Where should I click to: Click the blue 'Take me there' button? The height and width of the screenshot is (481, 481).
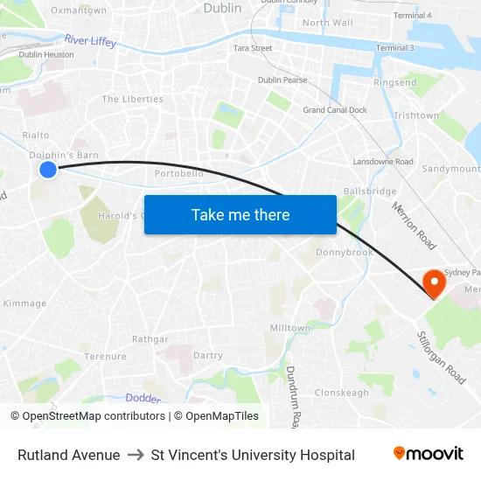click(x=240, y=215)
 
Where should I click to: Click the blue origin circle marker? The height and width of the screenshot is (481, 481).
click(x=48, y=170)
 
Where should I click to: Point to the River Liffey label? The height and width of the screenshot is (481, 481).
click(x=90, y=41)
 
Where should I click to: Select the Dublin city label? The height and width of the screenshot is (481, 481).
click(x=222, y=8)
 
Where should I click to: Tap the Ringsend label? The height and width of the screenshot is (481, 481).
click(x=395, y=83)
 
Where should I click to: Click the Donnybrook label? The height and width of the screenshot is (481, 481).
click(x=344, y=253)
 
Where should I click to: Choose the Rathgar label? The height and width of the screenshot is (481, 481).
click(x=150, y=339)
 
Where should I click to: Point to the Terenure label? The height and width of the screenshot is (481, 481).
click(x=105, y=357)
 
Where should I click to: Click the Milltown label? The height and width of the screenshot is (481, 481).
click(x=290, y=328)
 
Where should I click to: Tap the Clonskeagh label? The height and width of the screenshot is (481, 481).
click(x=342, y=393)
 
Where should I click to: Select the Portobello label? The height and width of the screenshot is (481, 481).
click(x=179, y=174)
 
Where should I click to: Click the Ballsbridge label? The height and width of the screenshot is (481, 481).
click(x=371, y=191)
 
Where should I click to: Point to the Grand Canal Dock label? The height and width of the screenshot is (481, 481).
click(x=335, y=110)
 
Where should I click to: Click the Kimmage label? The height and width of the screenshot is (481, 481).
click(x=24, y=303)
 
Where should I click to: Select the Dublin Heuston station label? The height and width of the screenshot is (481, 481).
click(x=46, y=54)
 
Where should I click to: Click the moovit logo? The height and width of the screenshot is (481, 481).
click(x=428, y=454)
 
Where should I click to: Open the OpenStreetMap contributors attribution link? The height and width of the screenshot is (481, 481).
click(x=91, y=416)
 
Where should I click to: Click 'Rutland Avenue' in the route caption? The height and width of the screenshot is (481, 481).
click(x=68, y=455)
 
